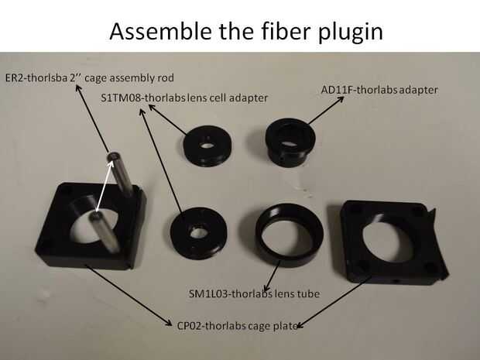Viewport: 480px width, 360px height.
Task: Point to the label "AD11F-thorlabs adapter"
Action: pos(379,90)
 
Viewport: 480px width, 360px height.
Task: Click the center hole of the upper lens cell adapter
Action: pos(205,145)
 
